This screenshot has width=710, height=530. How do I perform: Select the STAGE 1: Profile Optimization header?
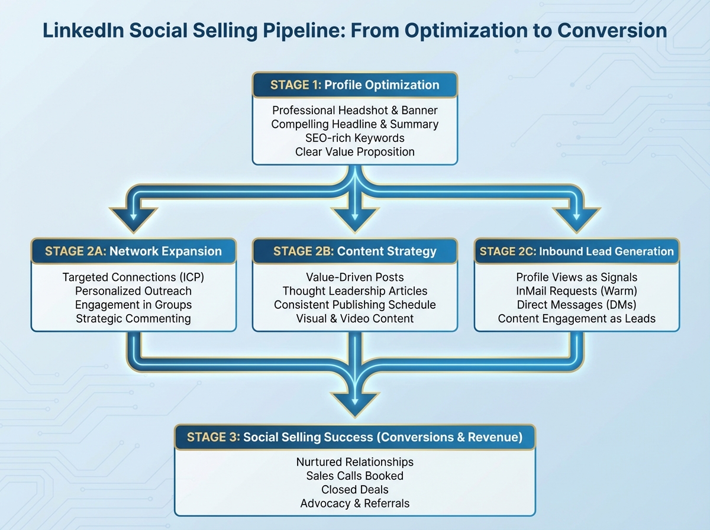click(x=354, y=85)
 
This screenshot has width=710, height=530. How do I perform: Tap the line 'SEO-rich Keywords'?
click(x=354, y=138)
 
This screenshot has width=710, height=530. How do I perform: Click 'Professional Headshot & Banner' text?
click(x=354, y=110)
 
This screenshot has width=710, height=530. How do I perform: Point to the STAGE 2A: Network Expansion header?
click(x=133, y=251)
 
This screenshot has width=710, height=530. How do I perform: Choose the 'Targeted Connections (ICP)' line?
click(x=133, y=277)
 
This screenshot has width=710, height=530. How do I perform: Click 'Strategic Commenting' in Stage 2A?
click(x=133, y=319)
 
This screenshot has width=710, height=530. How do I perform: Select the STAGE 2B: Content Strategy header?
click(x=354, y=251)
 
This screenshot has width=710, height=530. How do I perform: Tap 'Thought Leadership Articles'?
click(x=354, y=291)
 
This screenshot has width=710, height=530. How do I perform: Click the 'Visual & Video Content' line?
click(x=354, y=319)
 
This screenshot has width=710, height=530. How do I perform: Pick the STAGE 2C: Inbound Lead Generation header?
click(x=577, y=251)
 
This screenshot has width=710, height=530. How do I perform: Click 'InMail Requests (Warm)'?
click(x=577, y=291)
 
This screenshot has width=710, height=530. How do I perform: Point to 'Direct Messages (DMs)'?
click(x=577, y=305)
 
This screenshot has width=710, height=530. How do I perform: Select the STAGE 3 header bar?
click(x=354, y=438)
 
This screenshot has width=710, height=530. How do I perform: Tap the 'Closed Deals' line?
click(x=354, y=490)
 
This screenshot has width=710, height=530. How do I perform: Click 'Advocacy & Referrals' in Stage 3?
click(x=354, y=503)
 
